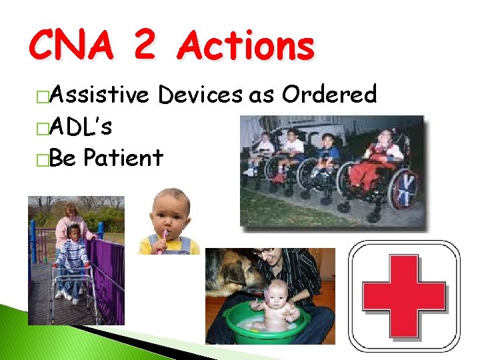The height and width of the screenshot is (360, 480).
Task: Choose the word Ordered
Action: pos(329,95)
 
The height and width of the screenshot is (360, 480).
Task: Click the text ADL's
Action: pos(81,127)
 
